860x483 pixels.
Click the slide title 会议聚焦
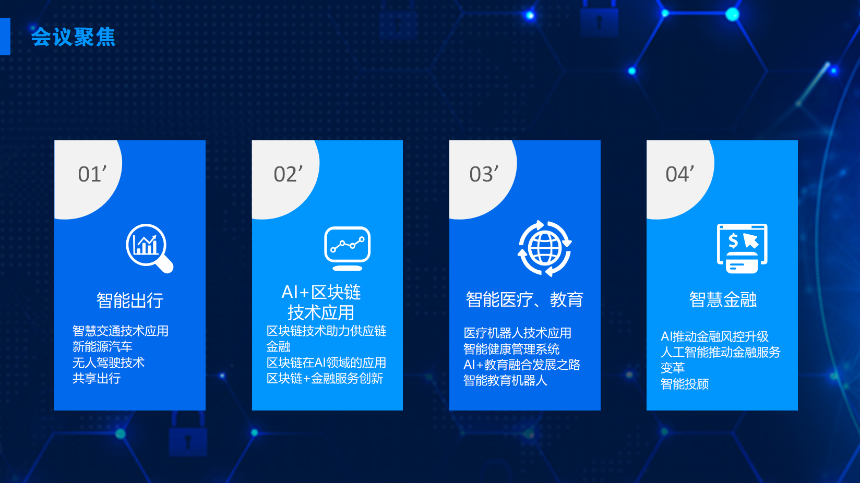(73, 37)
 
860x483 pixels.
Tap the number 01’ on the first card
(92, 174)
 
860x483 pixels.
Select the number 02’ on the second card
(288, 174)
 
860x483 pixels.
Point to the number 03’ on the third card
(484, 174)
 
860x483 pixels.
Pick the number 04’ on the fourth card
(679, 174)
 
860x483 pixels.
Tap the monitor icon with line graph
(347, 248)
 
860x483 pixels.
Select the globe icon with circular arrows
(544, 248)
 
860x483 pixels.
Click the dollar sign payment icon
(742, 248)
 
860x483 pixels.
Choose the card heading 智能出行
(130, 300)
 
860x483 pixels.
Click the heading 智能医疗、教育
(524, 299)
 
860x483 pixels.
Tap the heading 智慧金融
(723, 299)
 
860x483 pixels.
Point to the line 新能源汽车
(102, 347)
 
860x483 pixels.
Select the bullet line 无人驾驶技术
(108, 363)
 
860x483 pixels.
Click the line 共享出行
(97, 379)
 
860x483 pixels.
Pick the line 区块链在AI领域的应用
(326, 363)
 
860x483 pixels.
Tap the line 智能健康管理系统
(511, 349)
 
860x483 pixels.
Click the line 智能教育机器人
(505, 381)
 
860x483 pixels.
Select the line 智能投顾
(685, 384)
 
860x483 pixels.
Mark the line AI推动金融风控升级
(714, 336)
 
